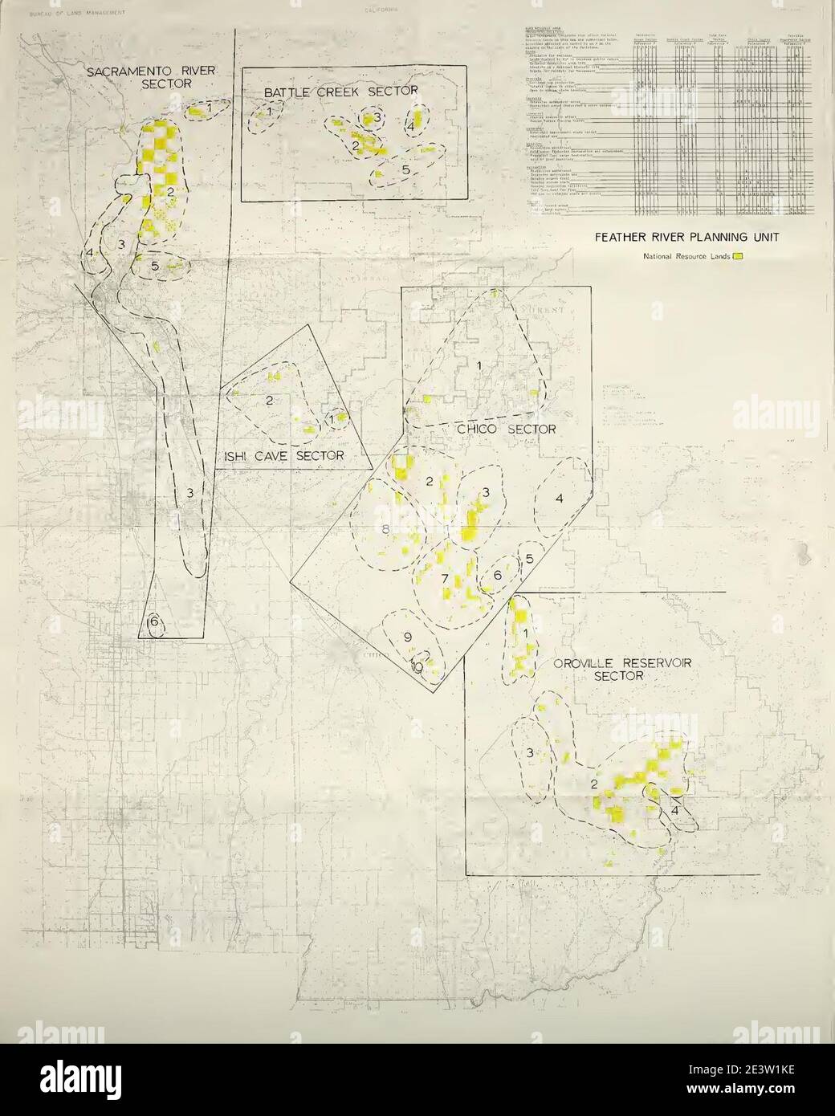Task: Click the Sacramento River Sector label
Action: point(151,77)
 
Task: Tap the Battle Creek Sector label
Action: point(334,92)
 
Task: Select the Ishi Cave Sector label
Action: point(281,456)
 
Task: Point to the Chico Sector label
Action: point(507,430)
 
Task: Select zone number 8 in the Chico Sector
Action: point(385,529)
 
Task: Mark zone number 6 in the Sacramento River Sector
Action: point(153,621)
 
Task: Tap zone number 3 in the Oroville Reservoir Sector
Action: point(530,752)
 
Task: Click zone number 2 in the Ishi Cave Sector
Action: point(269,400)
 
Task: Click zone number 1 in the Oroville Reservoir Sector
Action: point(526,634)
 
